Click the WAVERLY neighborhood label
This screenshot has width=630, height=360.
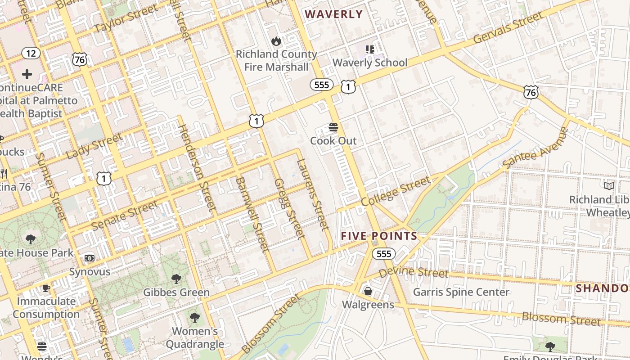tap(334, 14)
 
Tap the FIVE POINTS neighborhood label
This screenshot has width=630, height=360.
tap(379, 236)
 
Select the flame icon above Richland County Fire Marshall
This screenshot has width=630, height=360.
tap(276, 41)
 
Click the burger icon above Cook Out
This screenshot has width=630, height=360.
tap(333, 127)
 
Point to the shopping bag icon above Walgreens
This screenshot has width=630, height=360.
tap(368, 291)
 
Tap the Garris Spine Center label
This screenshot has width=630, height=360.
tap(461, 292)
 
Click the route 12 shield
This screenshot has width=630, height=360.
tap(31, 54)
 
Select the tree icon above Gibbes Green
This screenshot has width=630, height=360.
tap(176, 279)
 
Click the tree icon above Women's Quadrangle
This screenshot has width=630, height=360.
tap(194, 318)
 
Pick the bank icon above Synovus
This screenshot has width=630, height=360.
tap(90, 258)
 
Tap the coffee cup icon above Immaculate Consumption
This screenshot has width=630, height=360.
tap(46, 288)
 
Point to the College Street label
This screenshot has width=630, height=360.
tap(396, 191)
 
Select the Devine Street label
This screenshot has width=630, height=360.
tap(413, 272)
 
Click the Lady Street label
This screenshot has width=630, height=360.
tap(94, 146)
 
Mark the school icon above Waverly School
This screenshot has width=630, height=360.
tap(370, 49)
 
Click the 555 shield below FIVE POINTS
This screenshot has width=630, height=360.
tap(383, 254)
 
